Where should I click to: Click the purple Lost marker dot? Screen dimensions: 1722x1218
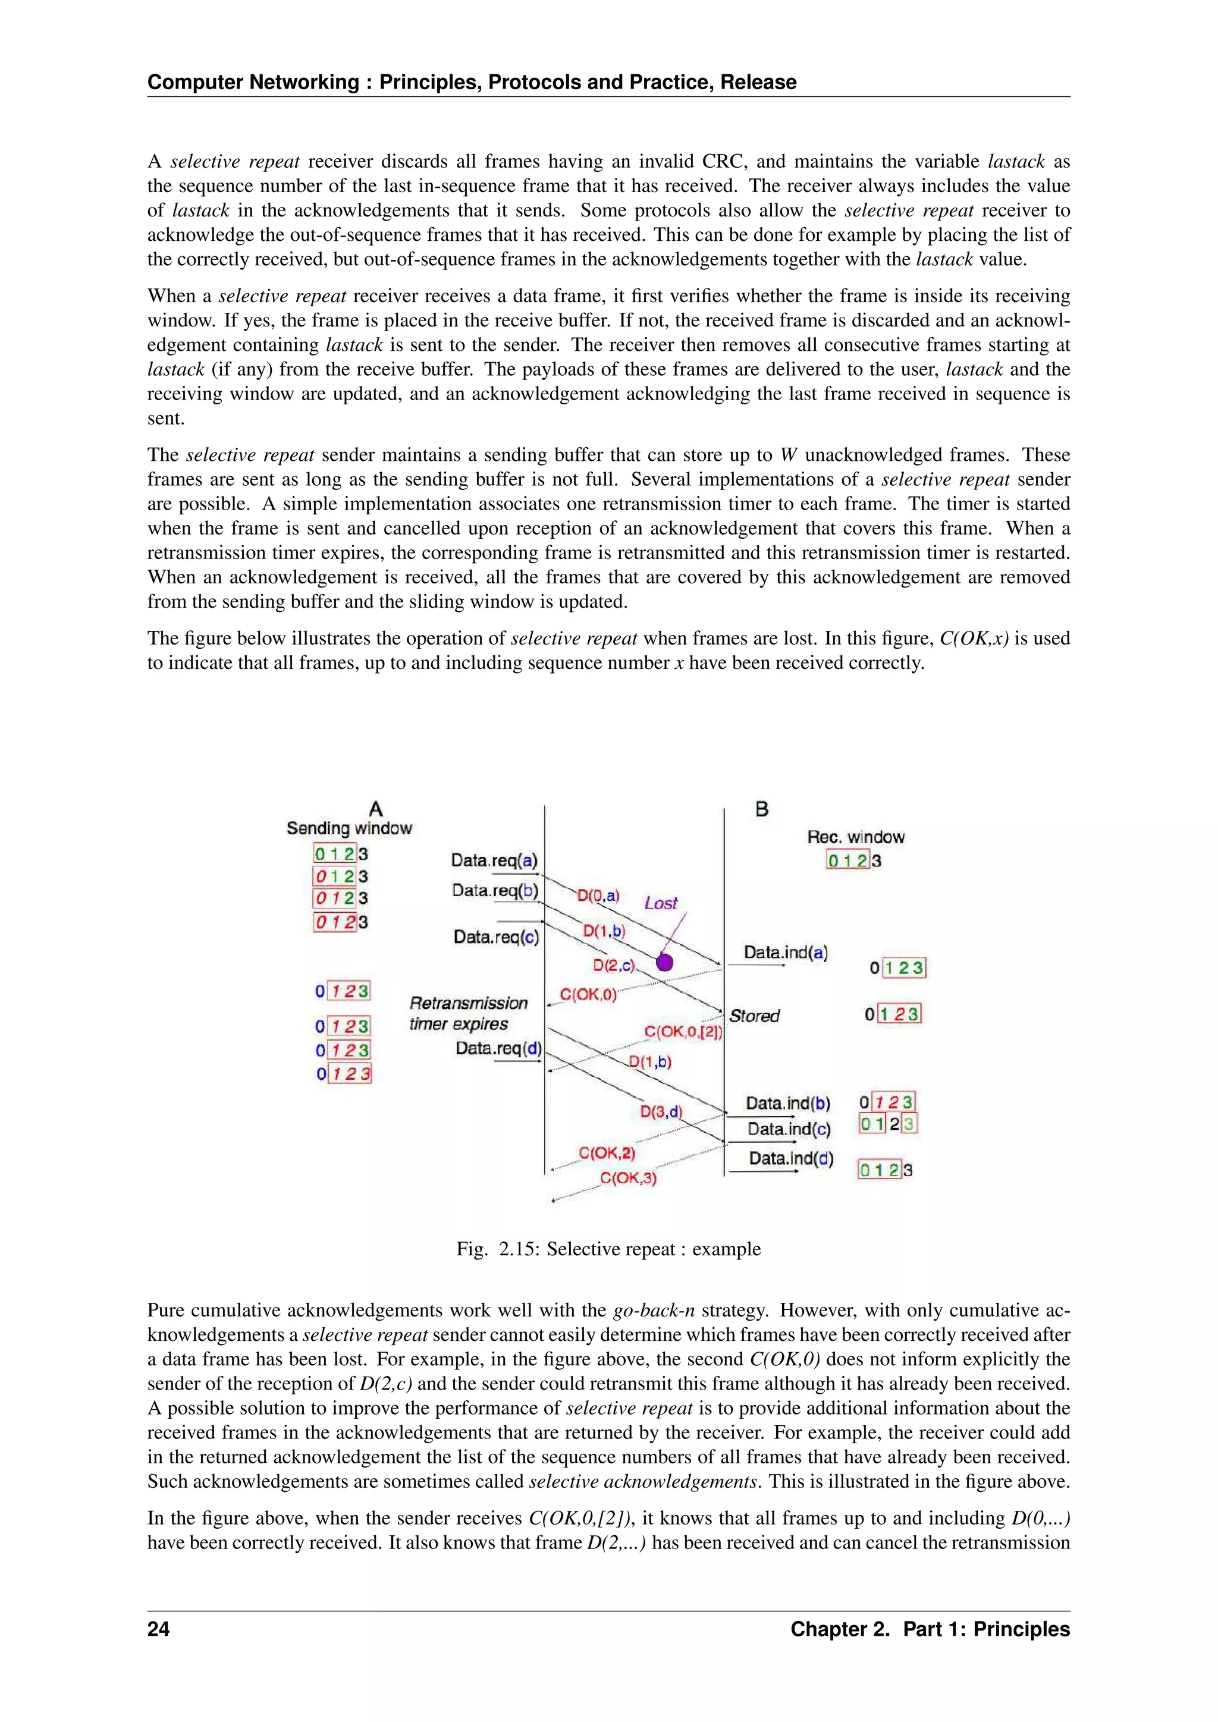pos(664,962)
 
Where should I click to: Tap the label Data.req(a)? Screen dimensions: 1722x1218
pos(494,860)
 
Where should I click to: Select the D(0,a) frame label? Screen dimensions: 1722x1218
pos(598,895)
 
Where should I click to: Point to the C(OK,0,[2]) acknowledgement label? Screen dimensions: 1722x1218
pos(683,1032)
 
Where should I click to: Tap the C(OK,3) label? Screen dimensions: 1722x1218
pos(628,1179)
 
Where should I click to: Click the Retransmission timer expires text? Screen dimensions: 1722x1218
pos(468,1013)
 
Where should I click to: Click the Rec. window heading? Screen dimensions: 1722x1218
pos(855,837)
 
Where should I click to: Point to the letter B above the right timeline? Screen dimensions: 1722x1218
pos(761,809)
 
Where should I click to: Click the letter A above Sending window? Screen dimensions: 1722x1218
pos(376,809)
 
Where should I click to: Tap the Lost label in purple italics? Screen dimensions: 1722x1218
pos(660,903)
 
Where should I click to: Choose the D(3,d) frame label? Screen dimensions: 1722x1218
pos(661,1111)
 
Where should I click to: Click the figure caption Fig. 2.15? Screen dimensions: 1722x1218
pos(608,1249)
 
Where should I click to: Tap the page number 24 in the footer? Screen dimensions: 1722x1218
pos(158,1629)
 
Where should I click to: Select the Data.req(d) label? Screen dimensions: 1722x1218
pos(498,1048)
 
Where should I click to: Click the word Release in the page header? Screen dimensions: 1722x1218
pos(758,81)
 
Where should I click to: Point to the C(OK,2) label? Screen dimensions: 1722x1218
pos(606,1153)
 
